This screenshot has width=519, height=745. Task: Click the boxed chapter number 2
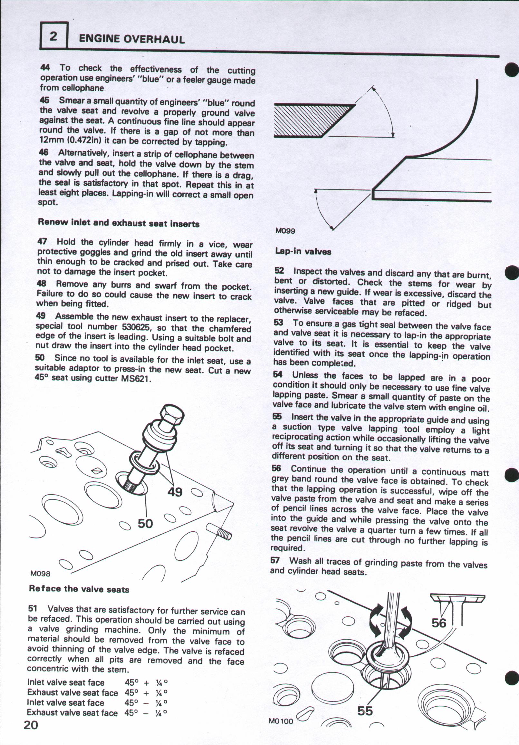tap(53, 36)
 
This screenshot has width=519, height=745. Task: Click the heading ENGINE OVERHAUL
tap(132, 39)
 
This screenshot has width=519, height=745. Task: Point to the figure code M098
tap(40, 574)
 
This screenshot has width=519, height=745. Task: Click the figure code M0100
tap(281, 730)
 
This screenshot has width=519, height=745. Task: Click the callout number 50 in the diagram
tap(145, 523)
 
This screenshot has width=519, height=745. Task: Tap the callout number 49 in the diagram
tap(175, 492)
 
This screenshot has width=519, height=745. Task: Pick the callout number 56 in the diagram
tap(439, 623)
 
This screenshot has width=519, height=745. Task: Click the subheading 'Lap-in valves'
tap(303, 251)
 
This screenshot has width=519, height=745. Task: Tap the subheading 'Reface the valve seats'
tap(79, 589)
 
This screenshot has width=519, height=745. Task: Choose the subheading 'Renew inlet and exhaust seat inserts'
tap(119, 223)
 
